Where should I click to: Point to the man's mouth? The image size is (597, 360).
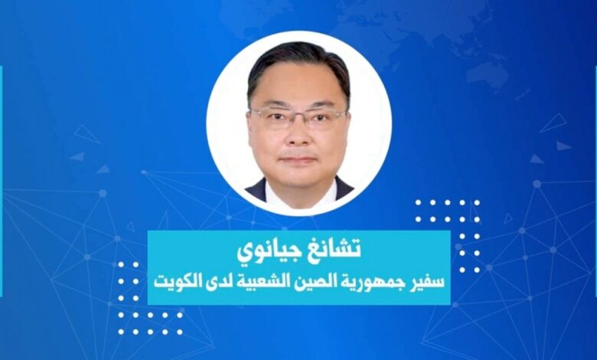[298, 160]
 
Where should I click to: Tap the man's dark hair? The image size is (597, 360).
[298, 63]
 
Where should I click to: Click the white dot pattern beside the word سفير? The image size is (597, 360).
[448, 236]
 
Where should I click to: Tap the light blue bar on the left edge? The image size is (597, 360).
[1, 180]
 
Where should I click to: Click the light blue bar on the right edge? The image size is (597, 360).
[595, 180]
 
